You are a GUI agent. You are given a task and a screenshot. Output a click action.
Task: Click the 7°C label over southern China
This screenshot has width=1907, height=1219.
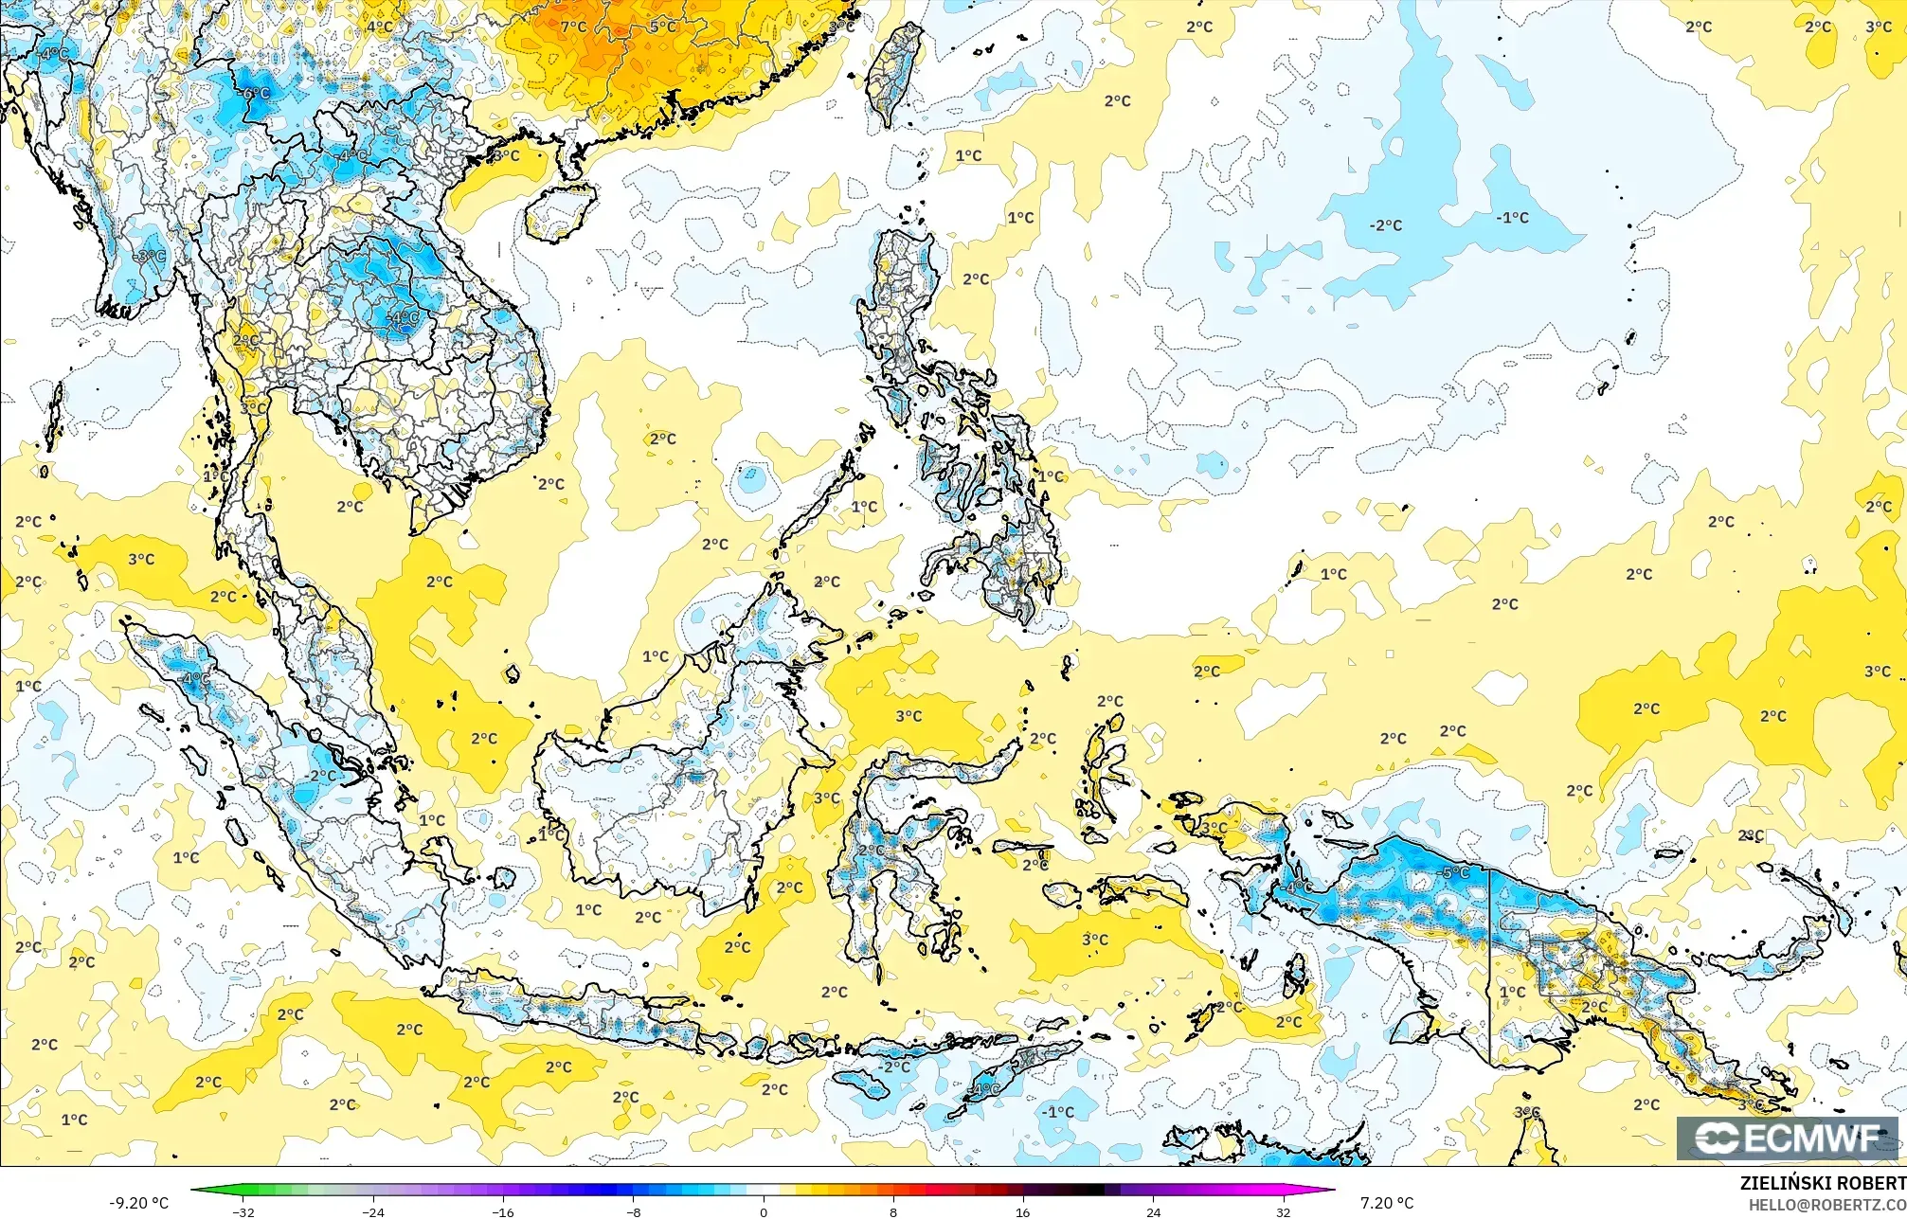pyautogui.click(x=573, y=27)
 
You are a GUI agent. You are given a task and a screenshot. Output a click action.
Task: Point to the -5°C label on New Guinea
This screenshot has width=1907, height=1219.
pyautogui.click(x=1454, y=872)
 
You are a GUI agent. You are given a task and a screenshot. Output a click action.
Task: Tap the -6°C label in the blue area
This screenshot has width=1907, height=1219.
pyautogui.click(x=254, y=94)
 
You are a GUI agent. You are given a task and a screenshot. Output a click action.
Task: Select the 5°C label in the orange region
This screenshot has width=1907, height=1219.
pyautogui.click(x=662, y=27)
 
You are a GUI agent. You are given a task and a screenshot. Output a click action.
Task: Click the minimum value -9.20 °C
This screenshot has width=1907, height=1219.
pyautogui.click(x=139, y=1203)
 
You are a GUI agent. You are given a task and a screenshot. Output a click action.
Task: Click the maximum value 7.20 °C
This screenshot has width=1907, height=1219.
pyautogui.click(x=1387, y=1203)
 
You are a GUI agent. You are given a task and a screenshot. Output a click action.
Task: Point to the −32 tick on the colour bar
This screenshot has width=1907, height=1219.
pyautogui.click(x=243, y=1211)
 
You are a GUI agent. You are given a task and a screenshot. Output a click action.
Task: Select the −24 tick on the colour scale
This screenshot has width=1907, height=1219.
pyautogui.click(x=374, y=1211)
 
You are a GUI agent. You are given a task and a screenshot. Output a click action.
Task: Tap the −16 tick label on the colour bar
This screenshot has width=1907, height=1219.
pyautogui.click(x=504, y=1211)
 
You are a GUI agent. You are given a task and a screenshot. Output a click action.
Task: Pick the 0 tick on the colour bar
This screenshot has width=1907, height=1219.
pyautogui.click(x=764, y=1211)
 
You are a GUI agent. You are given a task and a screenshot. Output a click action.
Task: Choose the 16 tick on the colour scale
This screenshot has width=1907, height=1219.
pyautogui.click(x=1023, y=1211)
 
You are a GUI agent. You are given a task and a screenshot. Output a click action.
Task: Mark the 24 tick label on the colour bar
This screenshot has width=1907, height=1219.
pyautogui.click(x=1153, y=1211)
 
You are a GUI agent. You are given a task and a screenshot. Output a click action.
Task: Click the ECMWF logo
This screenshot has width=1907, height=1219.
pyautogui.click(x=1789, y=1138)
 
